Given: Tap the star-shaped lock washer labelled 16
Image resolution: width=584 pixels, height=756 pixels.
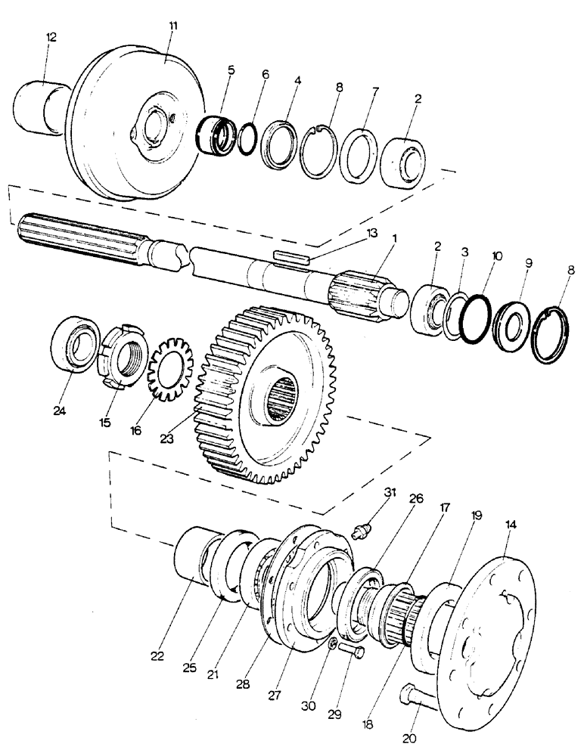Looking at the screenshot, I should click(x=171, y=372).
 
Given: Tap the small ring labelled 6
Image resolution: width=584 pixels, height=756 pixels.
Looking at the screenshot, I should click(x=247, y=141).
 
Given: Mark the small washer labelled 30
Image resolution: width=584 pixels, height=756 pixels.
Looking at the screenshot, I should click(x=333, y=645).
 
